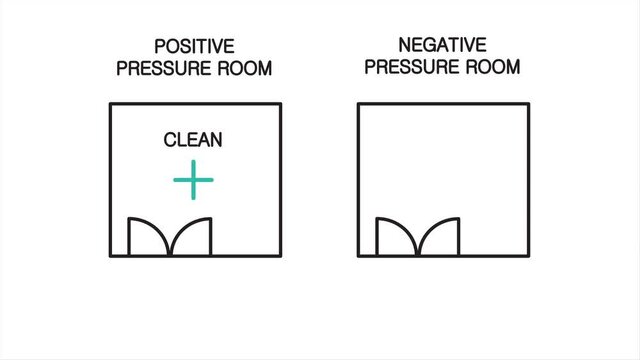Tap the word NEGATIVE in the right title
(x=442, y=45)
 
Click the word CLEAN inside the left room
(x=193, y=140)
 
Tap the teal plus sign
(x=193, y=181)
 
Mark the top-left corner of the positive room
(x=110, y=104)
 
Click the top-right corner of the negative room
(x=528, y=104)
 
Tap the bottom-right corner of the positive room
(x=280, y=257)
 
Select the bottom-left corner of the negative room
(x=358, y=257)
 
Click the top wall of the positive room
(x=195, y=104)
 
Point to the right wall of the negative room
(x=528, y=180)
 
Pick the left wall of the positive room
(x=110, y=180)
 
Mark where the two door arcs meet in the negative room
(x=418, y=255)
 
